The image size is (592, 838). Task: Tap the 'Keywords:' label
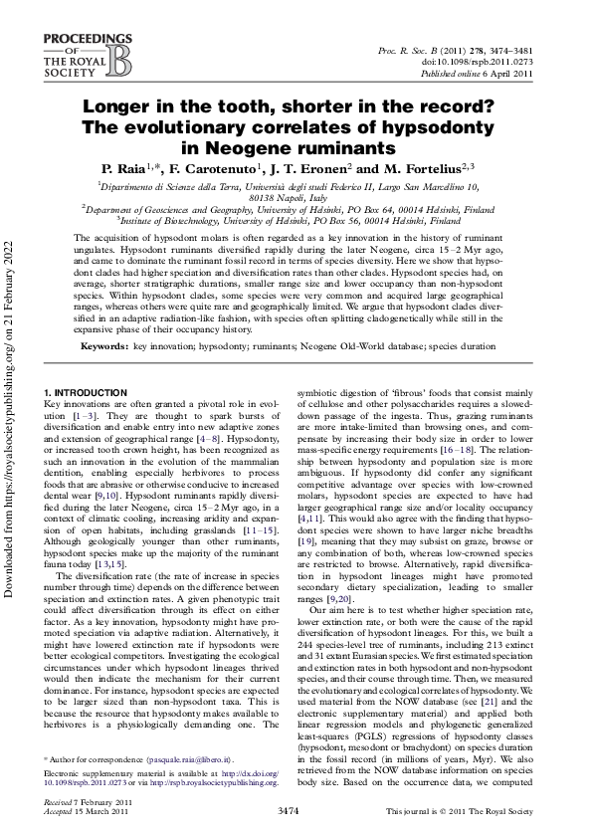pyautogui.click(x=105, y=343)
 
